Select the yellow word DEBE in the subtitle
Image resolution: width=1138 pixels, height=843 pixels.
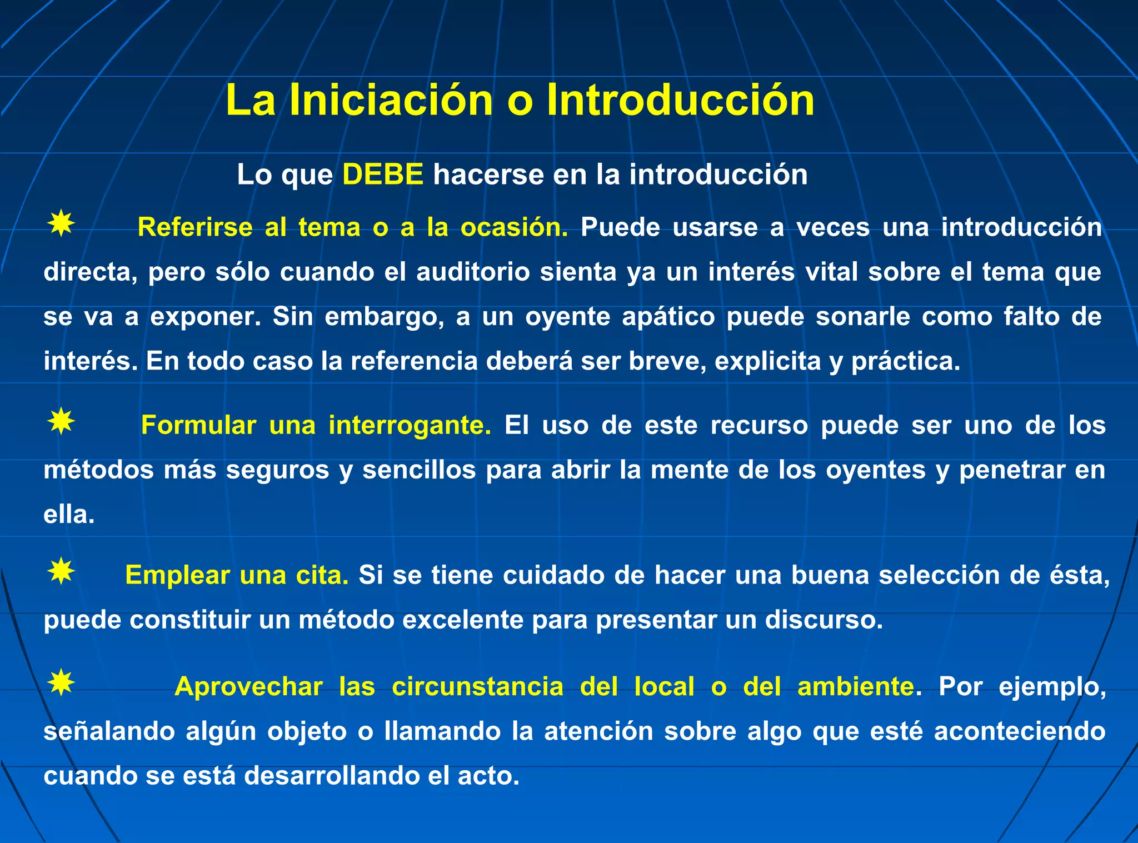383,174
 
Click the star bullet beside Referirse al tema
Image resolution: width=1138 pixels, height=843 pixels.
61,224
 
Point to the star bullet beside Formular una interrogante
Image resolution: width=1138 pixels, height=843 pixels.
61,422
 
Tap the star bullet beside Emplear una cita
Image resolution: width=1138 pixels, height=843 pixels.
61,571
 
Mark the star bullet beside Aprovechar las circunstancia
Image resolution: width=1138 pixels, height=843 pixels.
61,683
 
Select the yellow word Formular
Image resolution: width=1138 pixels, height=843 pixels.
198,425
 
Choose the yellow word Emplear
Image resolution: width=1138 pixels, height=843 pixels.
177,575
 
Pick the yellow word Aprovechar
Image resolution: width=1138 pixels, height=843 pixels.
248,687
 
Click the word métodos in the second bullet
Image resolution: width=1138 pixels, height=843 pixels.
98,470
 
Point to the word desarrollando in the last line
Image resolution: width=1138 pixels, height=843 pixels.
332,776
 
